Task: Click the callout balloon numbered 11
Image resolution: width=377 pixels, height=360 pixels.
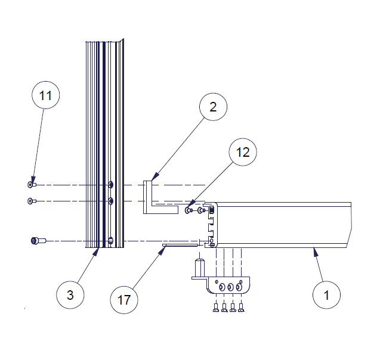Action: (x=46, y=95)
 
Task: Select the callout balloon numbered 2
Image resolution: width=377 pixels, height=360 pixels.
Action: (x=214, y=107)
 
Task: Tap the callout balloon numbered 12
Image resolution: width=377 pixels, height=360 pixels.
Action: (x=243, y=152)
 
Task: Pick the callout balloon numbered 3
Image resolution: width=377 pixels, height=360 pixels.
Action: (x=70, y=294)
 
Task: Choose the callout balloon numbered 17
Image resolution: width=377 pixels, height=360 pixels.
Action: (x=124, y=300)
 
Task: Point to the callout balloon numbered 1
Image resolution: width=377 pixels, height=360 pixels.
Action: (x=326, y=294)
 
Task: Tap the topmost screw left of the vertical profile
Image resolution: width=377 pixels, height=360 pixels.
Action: (x=32, y=185)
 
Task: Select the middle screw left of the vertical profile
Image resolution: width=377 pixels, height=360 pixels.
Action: (x=32, y=201)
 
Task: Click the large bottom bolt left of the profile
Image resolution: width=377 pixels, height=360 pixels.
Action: (x=38, y=241)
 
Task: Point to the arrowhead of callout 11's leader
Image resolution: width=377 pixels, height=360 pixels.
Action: (x=33, y=180)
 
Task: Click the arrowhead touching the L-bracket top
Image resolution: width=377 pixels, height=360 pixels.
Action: (x=155, y=177)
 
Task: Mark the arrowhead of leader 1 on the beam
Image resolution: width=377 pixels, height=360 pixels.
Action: (x=315, y=252)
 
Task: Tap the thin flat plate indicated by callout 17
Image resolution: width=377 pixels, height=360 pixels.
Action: (x=180, y=245)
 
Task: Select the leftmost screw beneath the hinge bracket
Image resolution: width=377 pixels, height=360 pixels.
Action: (x=216, y=308)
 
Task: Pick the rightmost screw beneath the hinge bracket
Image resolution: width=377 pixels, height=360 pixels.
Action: (x=241, y=308)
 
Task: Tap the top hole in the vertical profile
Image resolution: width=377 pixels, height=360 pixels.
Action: (x=110, y=185)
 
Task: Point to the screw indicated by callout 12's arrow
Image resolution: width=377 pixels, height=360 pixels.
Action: (x=188, y=210)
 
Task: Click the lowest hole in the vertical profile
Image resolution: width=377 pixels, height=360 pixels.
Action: (x=110, y=241)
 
